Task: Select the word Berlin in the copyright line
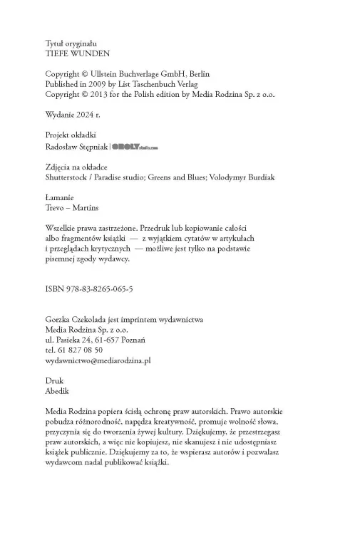click(196, 74)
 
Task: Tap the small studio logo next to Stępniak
click(135, 147)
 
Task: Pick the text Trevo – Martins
click(72, 207)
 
